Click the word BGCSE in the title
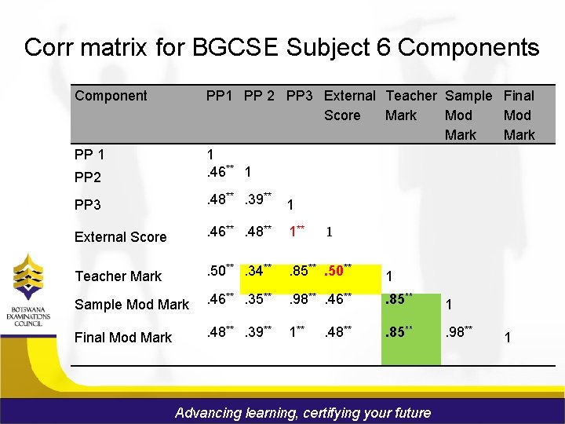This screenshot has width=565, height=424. (x=232, y=48)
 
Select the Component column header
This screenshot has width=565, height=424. (x=111, y=96)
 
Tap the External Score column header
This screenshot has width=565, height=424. (x=349, y=105)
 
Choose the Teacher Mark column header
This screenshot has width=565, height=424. (x=411, y=105)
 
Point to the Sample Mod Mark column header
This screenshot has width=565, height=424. (x=468, y=115)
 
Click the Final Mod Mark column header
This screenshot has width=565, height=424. (x=519, y=115)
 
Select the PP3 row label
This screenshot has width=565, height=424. (x=87, y=205)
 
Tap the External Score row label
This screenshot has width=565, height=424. (x=120, y=236)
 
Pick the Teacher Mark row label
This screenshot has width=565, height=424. (x=118, y=276)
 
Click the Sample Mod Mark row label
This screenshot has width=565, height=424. (x=132, y=304)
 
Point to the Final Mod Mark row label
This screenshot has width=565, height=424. (x=122, y=338)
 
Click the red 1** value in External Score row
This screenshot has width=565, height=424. (x=297, y=232)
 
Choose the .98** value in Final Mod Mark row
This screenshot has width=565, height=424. (x=458, y=333)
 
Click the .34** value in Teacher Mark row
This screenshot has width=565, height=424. (x=257, y=272)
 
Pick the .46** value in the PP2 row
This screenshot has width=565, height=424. (x=219, y=170)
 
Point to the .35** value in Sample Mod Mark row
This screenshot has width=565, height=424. (x=257, y=299)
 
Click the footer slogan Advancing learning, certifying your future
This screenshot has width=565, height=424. (x=303, y=412)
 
